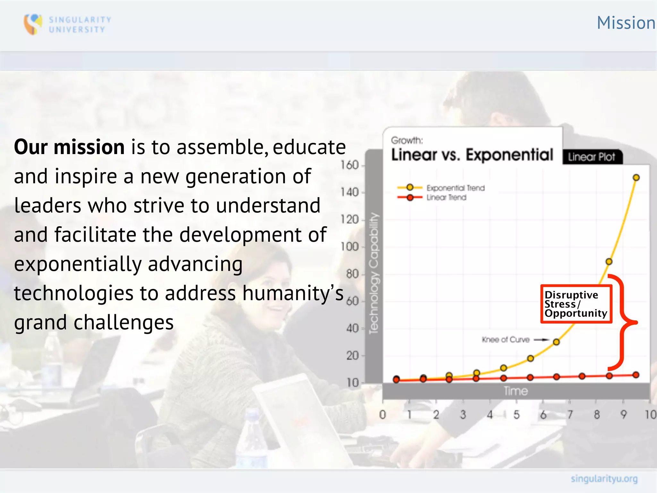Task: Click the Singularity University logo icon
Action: [x=33, y=24]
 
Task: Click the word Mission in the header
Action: [x=626, y=23]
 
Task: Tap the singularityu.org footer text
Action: [x=604, y=479]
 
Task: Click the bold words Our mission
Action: [x=69, y=147]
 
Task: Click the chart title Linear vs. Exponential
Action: [x=472, y=155]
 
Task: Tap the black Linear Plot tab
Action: [x=592, y=157]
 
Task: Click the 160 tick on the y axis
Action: [x=349, y=165]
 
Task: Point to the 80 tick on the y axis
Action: [x=352, y=274]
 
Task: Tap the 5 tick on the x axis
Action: [x=516, y=415]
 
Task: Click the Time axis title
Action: [x=516, y=391]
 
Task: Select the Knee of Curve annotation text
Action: [x=506, y=340]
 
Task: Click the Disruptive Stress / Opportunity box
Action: [x=576, y=304]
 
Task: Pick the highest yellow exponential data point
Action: [x=636, y=177]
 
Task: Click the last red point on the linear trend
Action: [x=636, y=375]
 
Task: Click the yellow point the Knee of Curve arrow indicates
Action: [x=556, y=342]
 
